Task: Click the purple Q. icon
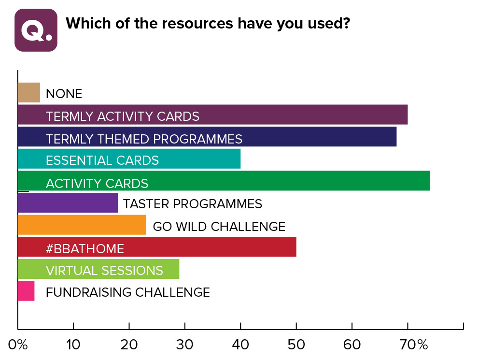(x=36, y=30)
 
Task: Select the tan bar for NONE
(x=28, y=93)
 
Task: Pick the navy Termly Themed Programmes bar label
(x=144, y=139)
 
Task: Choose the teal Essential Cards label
(x=102, y=160)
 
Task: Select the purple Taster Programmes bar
(x=68, y=203)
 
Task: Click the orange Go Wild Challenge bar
(x=82, y=225)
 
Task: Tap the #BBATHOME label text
(x=85, y=249)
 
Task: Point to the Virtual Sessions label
(x=104, y=270)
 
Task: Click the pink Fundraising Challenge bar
(x=26, y=291)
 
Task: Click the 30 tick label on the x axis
(x=184, y=345)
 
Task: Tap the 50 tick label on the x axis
(x=296, y=345)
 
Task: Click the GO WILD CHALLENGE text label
(x=219, y=226)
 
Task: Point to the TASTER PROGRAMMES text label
(x=192, y=204)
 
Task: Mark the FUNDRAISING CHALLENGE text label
(x=127, y=292)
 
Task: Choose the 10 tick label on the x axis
(x=73, y=345)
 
